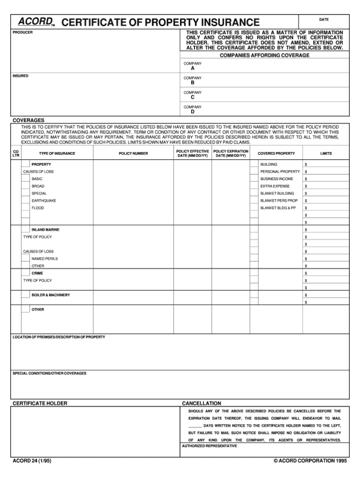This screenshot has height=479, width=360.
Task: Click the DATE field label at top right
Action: coord(324,20)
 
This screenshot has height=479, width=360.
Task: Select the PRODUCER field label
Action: coord(22,33)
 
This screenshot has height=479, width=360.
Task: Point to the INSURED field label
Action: coord(21,76)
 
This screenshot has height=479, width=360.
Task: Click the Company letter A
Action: coord(192,68)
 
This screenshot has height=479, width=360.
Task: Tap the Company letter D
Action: coord(192,112)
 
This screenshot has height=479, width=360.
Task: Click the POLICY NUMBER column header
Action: coord(133,153)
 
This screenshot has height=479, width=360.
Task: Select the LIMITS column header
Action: coord(326,153)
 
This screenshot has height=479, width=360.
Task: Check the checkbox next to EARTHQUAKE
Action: coord(25,201)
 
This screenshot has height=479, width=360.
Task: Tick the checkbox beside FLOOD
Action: coord(25,208)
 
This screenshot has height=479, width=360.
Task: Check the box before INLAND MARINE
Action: coord(25,229)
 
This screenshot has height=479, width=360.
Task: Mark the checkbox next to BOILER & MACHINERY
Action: coord(25,295)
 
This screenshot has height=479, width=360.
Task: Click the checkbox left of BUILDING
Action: coord(254,164)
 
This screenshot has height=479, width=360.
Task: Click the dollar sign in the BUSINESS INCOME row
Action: coord(306,179)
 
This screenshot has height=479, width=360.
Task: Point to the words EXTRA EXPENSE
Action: coord(275,186)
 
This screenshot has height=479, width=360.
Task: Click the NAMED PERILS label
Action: coord(45,259)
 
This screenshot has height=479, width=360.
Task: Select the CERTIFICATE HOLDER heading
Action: coord(40,403)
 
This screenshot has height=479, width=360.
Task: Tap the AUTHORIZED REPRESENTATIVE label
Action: coord(210,446)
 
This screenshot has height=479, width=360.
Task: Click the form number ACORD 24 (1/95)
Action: coord(32,461)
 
